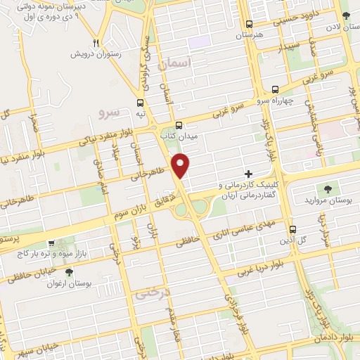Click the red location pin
(x=181, y=165)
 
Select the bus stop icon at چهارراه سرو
(x=275, y=89)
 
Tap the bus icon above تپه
(x=141, y=100)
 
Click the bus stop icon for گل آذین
(x=292, y=229)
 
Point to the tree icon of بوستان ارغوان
(x=68, y=272)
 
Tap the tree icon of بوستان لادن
(x=346, y=16)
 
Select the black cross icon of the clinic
(x=247, y=173)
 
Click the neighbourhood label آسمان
(x=175, y=64)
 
